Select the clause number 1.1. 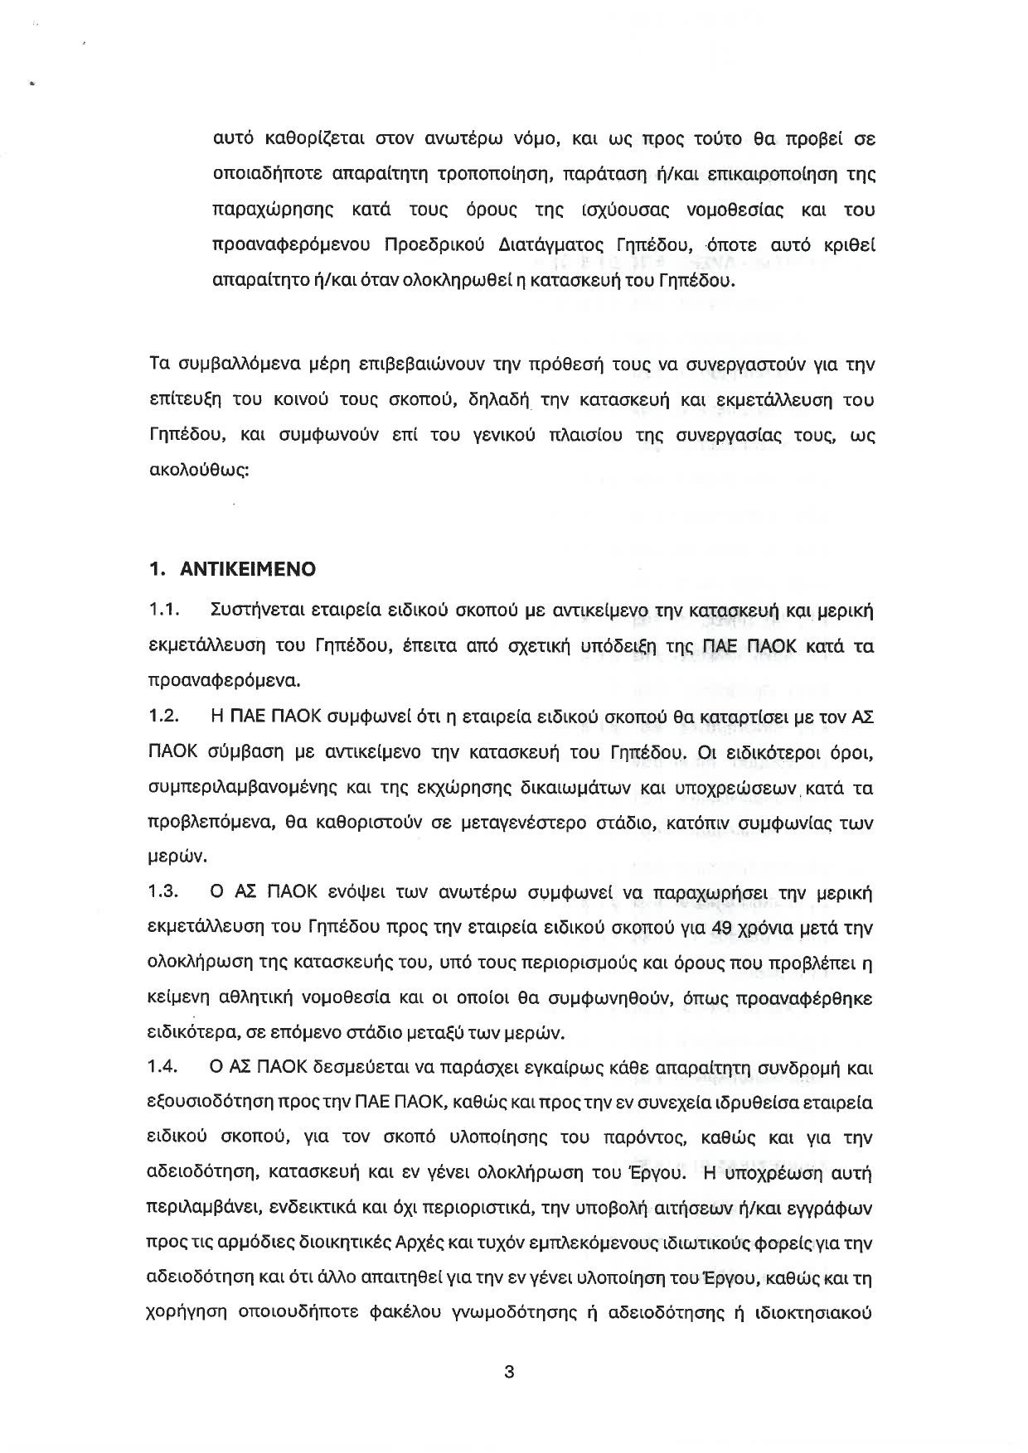[x=165, y=611]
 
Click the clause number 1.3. [x=165, y=893]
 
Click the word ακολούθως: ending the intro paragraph [x=198, y=470]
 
